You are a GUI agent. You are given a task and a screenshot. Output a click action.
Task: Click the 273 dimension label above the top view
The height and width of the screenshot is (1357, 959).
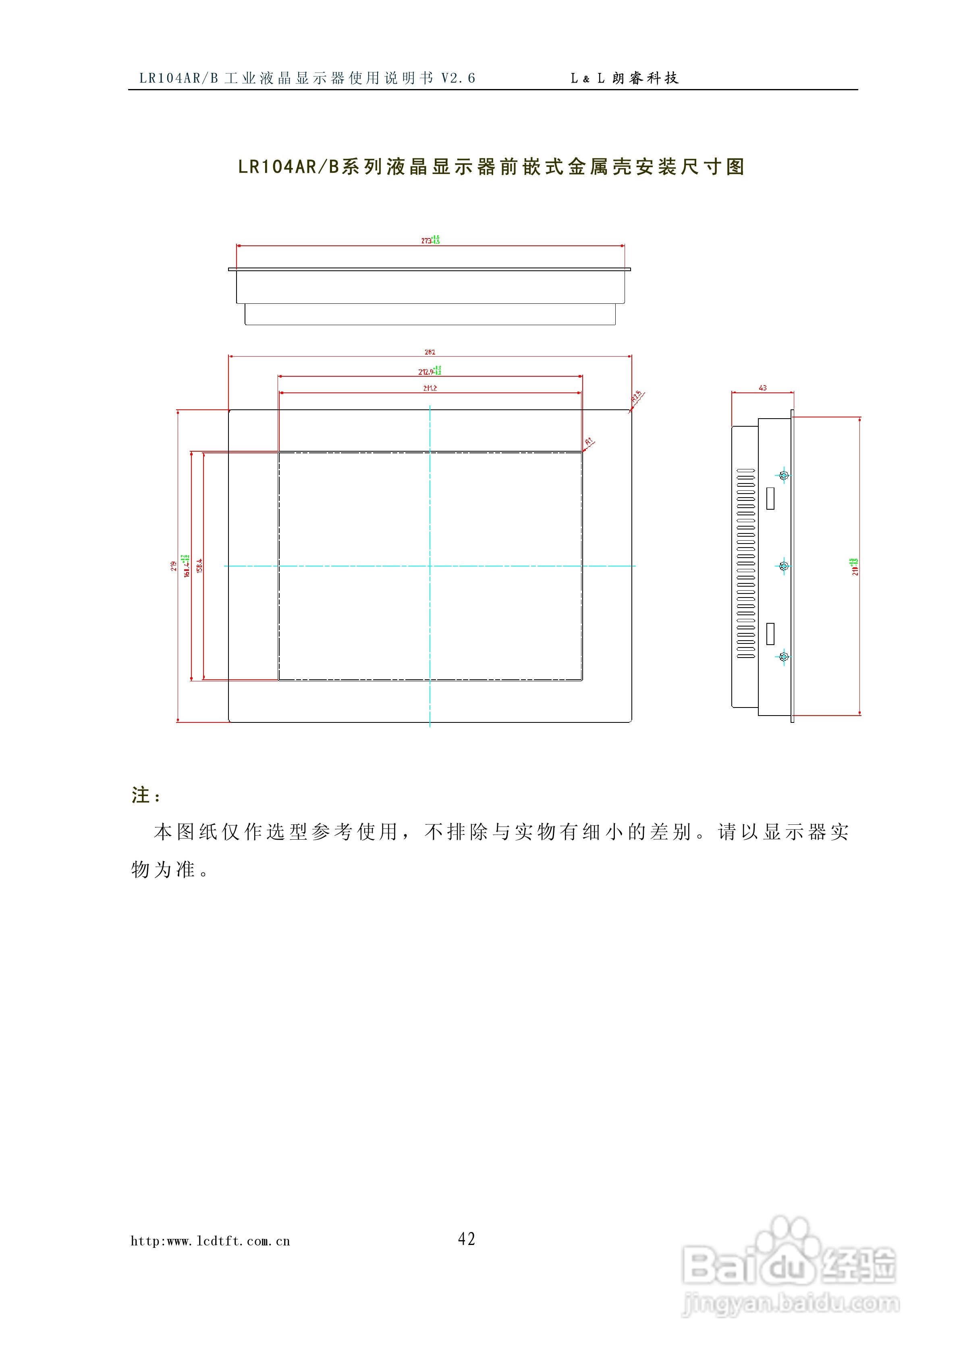pos(426,241)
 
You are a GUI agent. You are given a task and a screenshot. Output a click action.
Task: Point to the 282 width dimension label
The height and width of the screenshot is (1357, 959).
pos(430,352)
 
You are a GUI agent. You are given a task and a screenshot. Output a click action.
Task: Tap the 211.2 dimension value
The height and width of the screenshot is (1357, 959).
pos(430,388)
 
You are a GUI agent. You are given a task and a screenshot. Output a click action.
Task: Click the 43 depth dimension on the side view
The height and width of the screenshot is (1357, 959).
pos(763,388)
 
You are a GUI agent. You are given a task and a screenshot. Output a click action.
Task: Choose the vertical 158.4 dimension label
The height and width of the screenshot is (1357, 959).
pos(199,566)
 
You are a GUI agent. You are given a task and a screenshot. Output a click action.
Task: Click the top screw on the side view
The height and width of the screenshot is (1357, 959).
pos(784,475)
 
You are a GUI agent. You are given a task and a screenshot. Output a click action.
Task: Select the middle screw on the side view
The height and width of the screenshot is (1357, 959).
pos(784,566)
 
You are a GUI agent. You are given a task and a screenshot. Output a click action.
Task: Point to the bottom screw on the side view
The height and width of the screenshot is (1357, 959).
pos(784,657)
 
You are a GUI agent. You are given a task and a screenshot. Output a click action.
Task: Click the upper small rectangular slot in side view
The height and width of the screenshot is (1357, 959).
pos(770,498)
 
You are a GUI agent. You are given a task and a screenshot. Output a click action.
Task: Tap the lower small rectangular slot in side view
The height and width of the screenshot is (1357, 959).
pos(770,634)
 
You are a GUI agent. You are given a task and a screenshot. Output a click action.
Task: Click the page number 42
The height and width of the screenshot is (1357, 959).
pos(467,1239)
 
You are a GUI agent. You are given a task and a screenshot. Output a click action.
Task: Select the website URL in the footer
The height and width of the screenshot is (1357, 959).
pos(210,1241)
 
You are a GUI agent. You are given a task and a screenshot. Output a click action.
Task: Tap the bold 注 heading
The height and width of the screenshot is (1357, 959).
pos(141,795)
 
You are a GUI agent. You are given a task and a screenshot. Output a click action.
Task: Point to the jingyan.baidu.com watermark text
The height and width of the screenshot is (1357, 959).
pos(791,1303)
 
